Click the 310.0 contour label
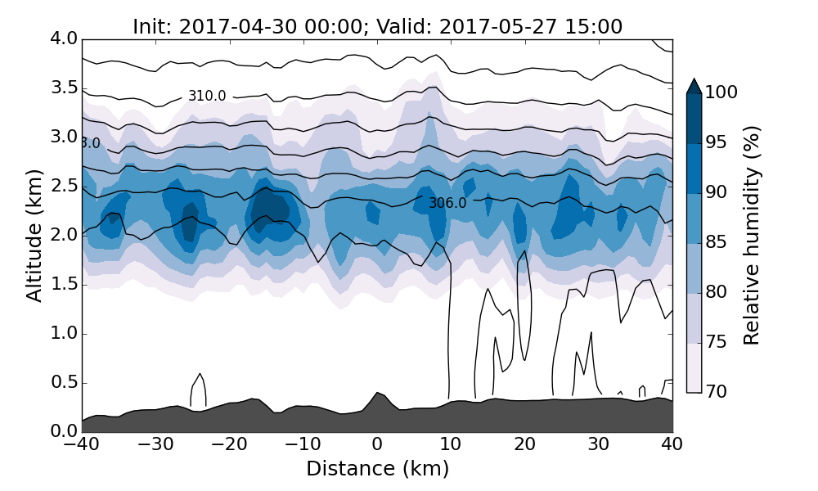(207, 97)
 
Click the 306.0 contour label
(447, 203)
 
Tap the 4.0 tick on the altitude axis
(63, 38)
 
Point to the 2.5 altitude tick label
(63, 186)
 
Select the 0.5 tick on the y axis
(63, 383)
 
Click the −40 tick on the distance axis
(82, 444)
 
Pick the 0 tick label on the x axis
(377, 444)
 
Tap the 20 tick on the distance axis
(525, 444)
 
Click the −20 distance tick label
(229, 444)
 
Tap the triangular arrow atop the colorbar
(694, 86)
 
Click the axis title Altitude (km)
(34, 235)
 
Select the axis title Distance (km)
(377, 469)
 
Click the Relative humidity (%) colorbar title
(752, 235)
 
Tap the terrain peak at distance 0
(377, 395)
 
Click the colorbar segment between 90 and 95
(694, 169)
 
